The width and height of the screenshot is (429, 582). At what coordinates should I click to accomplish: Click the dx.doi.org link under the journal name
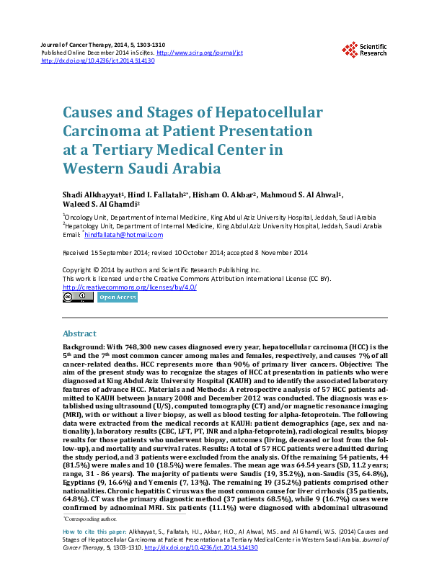tap(98, 61)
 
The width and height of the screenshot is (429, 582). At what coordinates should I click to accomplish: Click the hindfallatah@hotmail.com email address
tap(124, 234)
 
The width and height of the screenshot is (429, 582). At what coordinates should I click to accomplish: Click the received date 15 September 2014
tap(116, 253)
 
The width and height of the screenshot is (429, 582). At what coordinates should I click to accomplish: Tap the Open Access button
tap(117, 297)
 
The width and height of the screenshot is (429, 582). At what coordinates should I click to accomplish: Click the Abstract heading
tap(80, 334)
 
